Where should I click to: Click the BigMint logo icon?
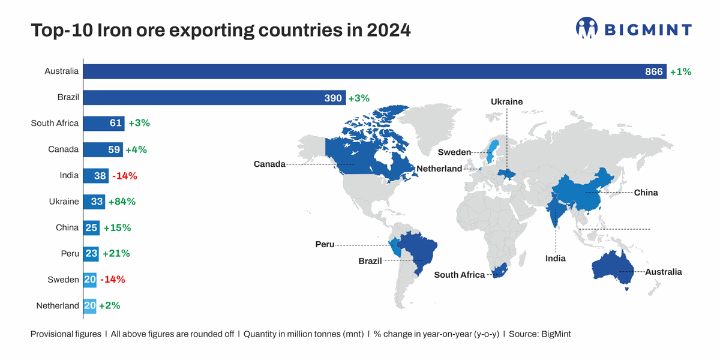coord(587,28)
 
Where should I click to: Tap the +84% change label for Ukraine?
coord(122,202)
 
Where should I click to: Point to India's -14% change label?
coord(124,176)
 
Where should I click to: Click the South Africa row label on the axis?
coord(55,124)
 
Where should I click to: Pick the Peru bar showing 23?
coord(91,254)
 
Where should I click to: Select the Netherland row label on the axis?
coord(58,306)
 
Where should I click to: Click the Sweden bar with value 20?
coord(89,280)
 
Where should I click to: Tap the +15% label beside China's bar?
coord(117,228)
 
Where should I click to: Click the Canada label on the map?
coord(269,164)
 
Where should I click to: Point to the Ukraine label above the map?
coord(506,102)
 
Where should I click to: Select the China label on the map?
coord(646,193)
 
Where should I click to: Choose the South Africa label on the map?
coord(459,275)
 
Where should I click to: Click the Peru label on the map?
coord(325,245)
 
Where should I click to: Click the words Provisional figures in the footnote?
coord(66,334)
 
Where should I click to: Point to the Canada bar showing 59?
coord(103,150)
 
